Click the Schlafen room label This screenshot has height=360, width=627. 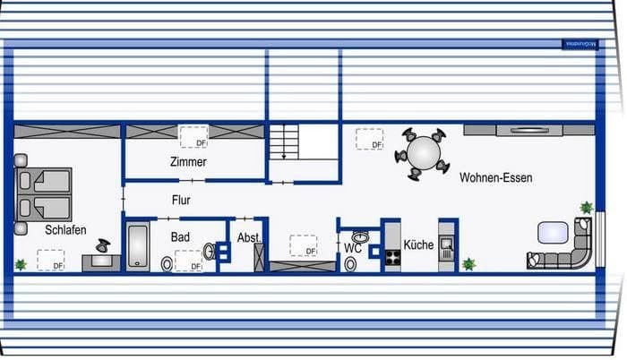click(x=65, y=230)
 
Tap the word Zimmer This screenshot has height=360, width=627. click(x=188, y=162)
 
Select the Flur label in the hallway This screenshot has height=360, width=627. click(x=182, y=201)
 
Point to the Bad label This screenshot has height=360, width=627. click(x=181, y=237)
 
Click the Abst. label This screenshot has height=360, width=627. click(x=249, y=237)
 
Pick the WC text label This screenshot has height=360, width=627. click(x=353, y=247)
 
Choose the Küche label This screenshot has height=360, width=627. click(x=418, y=244)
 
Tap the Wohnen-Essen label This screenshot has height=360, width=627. click(x=495, y=178)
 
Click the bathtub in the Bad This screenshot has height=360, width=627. click(x=138, y=246)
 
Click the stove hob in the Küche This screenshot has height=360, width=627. click(x=393, y=257)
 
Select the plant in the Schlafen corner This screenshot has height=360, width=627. click(x=20, y=264)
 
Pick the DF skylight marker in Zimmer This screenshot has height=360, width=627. click(x=194, y=137)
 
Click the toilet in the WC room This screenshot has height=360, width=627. click(x=349, y=264)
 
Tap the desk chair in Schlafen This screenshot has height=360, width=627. click(x=104, y=245)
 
